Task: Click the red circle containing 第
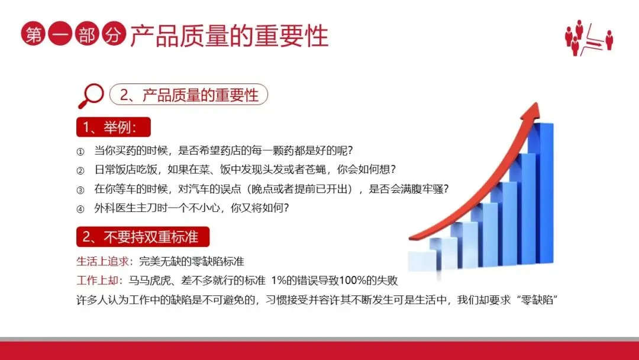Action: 33,33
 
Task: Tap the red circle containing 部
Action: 87,33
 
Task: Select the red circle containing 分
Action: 114,33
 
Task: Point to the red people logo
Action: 589,37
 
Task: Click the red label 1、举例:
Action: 113,127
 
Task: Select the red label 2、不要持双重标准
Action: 143,237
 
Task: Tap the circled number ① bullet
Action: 80,152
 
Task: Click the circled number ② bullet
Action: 80,171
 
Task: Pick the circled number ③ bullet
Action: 80,189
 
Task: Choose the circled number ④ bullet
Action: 80,209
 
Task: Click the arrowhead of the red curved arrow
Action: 532,112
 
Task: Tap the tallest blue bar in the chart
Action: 541,193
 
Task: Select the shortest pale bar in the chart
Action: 422,261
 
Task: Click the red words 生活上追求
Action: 103,261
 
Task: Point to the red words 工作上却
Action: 98,281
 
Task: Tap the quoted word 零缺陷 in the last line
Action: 537,300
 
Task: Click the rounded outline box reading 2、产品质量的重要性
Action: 189,95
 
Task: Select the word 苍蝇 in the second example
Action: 315,169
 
